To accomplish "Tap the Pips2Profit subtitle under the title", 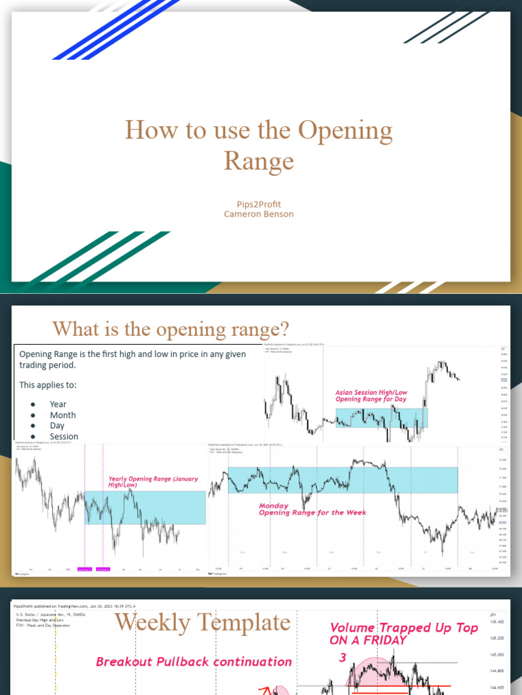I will (x=259, y=204).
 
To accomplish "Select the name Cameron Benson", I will (x=259, y=214).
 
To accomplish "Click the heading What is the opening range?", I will (x=171, y=330).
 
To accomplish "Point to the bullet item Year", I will (x=58, y=404).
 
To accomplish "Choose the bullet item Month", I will (x=63, y=415).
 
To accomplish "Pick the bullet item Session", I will (x=64, y=436).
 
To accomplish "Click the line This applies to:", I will (x=48, y=385).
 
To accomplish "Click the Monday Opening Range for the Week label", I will (x=312, y=509).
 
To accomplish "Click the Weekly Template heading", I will (x=202, y=622).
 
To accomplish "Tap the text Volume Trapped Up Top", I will (x=404, y=628).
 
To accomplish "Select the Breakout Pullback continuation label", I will (x=194, y=662).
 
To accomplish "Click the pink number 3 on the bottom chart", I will (x=343, y=658).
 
